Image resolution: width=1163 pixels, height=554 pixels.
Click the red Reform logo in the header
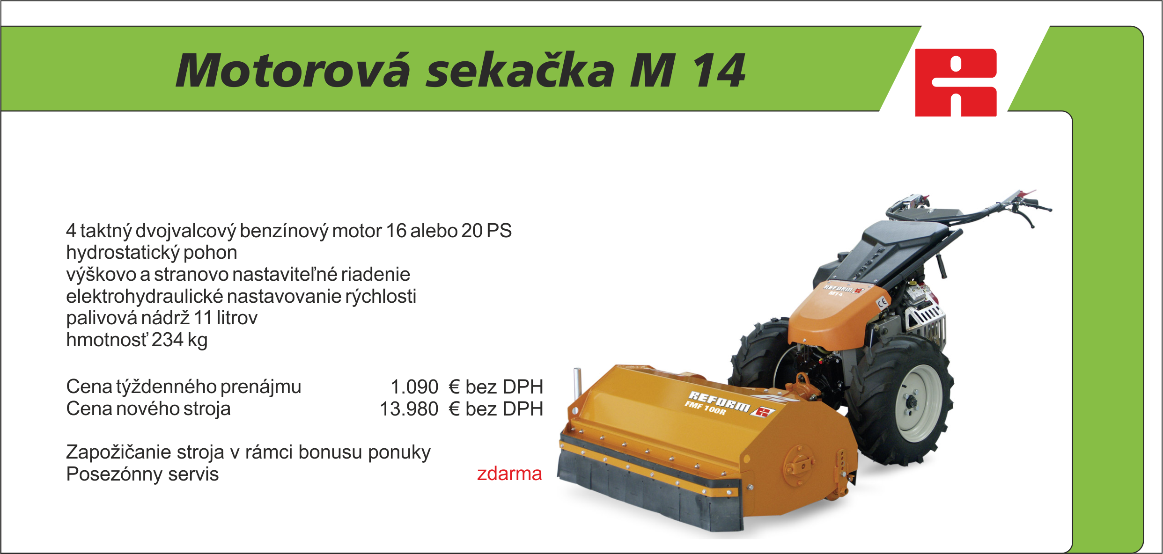coord(956,82)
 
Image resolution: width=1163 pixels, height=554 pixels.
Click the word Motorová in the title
coord(293,71)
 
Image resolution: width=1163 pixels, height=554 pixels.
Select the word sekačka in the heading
coord(520,71)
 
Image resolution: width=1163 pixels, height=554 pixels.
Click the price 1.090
coord(414,387)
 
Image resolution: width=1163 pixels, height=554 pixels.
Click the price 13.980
coord(409,409)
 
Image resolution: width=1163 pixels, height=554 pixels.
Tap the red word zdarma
coord(509,474)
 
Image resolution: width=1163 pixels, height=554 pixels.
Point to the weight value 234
coord(167,340)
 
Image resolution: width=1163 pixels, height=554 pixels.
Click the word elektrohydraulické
coord(144,296)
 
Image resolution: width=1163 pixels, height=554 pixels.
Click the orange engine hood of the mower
coord(836,314)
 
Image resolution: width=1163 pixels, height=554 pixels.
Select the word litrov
coord(237,318)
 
